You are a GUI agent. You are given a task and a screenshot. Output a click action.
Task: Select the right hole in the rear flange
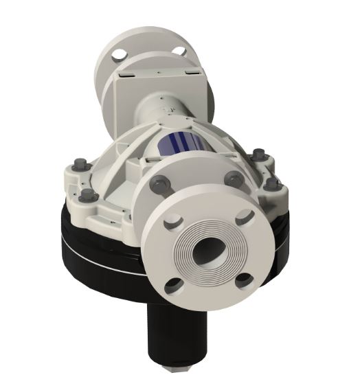coord(179,49)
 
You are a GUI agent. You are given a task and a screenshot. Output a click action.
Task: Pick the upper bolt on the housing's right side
coord(258,154)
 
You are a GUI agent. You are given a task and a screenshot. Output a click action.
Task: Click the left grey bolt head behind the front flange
coord(157,183)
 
